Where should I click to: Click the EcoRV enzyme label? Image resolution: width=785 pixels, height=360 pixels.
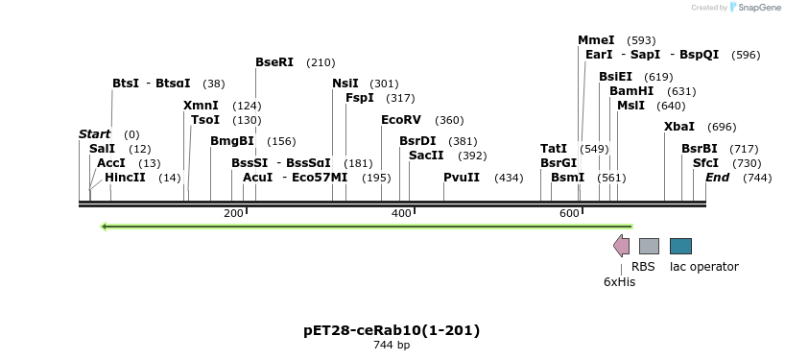(x=401, y=120)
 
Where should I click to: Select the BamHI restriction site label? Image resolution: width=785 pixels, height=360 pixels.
(x=631, y=91)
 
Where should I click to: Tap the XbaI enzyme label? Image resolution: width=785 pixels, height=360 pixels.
(x=679, y=127)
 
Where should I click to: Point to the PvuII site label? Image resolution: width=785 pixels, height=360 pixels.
(x=462, y=178)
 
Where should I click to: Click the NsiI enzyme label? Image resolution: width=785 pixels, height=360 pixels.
(x=345, y=84)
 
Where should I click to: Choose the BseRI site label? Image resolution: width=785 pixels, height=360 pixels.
(x=274, y=62)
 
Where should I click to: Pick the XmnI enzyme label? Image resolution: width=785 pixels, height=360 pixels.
(x=201, y=106)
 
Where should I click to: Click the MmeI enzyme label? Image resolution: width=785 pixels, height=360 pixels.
(x=596, y=40)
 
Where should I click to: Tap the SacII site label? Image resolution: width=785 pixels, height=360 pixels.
(x=426, y=156)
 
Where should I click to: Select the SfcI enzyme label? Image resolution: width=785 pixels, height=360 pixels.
(x=705, y=163)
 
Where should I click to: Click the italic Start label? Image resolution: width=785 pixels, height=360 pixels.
(x=94, y=134)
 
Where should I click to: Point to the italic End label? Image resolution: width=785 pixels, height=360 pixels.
(x=717, y=178)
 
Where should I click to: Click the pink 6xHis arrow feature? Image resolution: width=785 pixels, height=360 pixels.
(x=622, y=246)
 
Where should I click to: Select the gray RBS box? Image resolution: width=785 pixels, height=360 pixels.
(x=649, y=247)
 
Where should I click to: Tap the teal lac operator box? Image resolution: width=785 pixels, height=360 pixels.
(x=680, y=247)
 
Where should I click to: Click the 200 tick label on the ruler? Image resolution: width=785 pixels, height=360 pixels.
(x=233, y=213)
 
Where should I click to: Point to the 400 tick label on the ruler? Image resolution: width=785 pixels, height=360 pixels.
(x=402, y=213)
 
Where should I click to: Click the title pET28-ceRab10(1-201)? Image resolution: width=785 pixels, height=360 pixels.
(x=392, y=330)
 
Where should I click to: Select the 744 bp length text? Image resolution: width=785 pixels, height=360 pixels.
(x=392, y=346)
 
